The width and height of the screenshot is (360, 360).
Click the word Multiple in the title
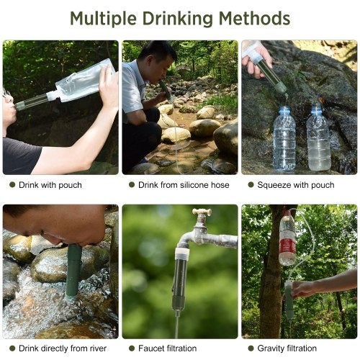tap(104, 19)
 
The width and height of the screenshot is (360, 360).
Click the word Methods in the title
tap(255, 18)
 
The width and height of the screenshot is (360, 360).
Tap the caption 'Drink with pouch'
tap(50, 185)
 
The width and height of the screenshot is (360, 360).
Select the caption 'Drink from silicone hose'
tap(184, 185)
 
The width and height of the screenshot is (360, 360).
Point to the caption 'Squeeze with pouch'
tap(296, 185)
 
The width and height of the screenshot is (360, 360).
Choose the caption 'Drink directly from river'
tap(63, 348)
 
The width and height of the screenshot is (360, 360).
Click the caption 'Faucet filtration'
tap(167, 348)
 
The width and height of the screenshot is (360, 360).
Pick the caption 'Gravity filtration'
tap(287, 348)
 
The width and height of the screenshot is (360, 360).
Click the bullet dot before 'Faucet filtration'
tap(132, 348)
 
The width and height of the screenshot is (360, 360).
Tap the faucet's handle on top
tap(202, 212)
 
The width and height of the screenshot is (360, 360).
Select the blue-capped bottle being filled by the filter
tap(284, 139)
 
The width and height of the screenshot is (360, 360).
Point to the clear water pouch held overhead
tap(81, 81)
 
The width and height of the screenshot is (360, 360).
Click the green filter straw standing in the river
tap(73, 271)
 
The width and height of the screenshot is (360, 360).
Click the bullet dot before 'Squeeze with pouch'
tap(251, 185)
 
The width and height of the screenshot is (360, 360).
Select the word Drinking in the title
tap(178, 19)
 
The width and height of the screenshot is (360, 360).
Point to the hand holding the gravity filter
tap(305, 289)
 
